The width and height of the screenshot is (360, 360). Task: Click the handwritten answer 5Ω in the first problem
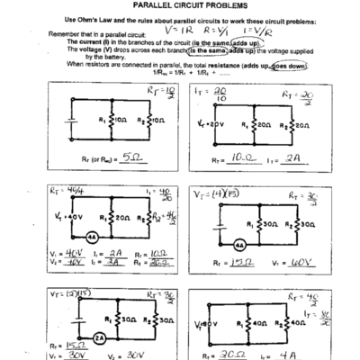click(133, 155)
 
